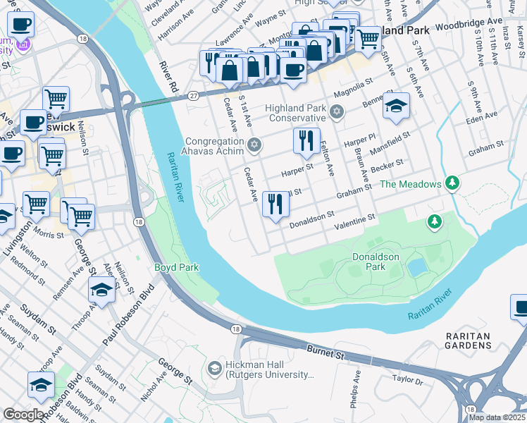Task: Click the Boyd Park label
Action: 177,267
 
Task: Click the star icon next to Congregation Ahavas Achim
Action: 254,145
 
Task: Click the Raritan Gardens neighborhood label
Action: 468,341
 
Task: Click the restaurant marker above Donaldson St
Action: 275,204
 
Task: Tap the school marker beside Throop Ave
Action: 102,290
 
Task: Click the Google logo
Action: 23,415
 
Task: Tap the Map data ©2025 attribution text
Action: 497,417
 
